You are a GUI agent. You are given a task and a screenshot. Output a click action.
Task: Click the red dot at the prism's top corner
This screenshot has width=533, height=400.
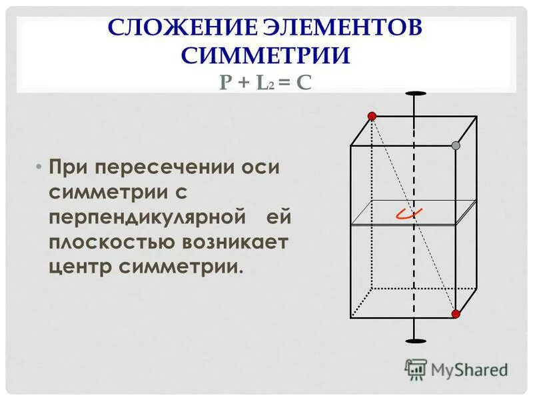(372, 116)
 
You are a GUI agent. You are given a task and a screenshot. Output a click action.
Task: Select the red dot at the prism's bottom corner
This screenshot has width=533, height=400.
(456, 313)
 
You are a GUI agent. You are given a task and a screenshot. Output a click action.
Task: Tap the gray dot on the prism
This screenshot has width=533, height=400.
(456, 145)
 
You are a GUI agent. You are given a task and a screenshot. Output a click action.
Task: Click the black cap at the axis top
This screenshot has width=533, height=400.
(415, 93)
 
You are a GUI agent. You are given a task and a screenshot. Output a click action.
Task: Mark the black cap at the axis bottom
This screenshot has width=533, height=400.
(415, 341)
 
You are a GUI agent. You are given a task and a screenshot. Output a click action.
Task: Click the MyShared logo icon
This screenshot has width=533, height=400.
(416, 369)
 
